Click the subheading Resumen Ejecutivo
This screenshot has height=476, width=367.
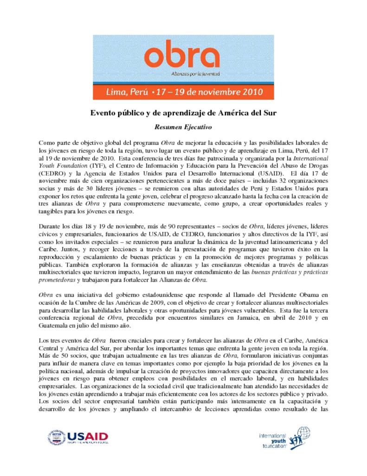(183, 126)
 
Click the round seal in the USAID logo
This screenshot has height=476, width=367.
(56, 438)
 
